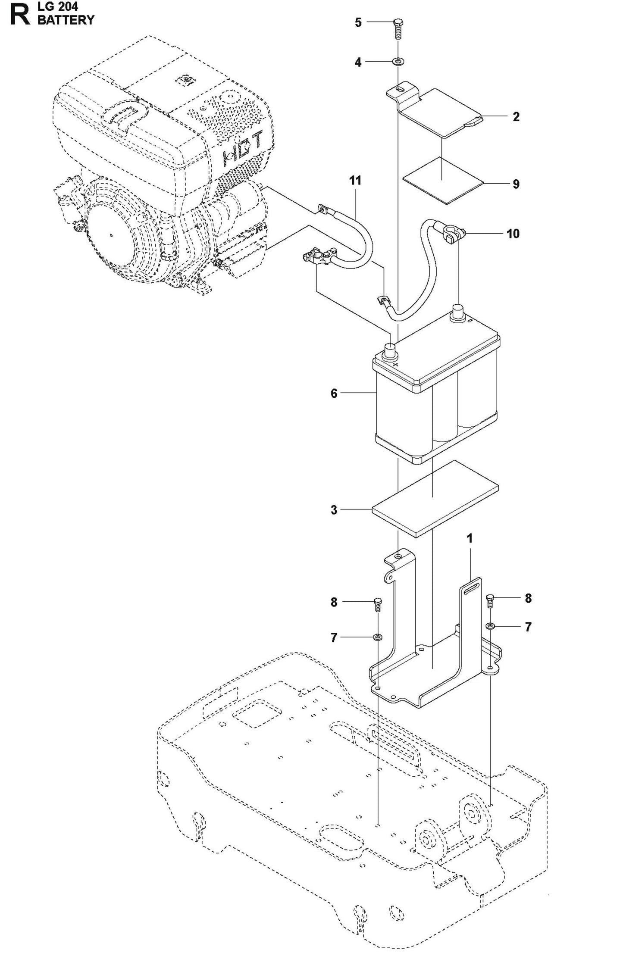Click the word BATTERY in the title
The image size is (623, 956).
coord(66,20)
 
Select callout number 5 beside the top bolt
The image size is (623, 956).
coord(358,22)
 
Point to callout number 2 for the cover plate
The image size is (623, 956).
coord(516,116)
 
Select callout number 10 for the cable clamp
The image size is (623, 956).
coord(513,234)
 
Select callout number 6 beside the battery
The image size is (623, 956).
coord(334,393)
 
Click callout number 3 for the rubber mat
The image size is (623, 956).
coord(334,510)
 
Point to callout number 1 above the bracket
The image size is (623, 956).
coord(470,538)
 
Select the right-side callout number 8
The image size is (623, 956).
coord(528,598)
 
